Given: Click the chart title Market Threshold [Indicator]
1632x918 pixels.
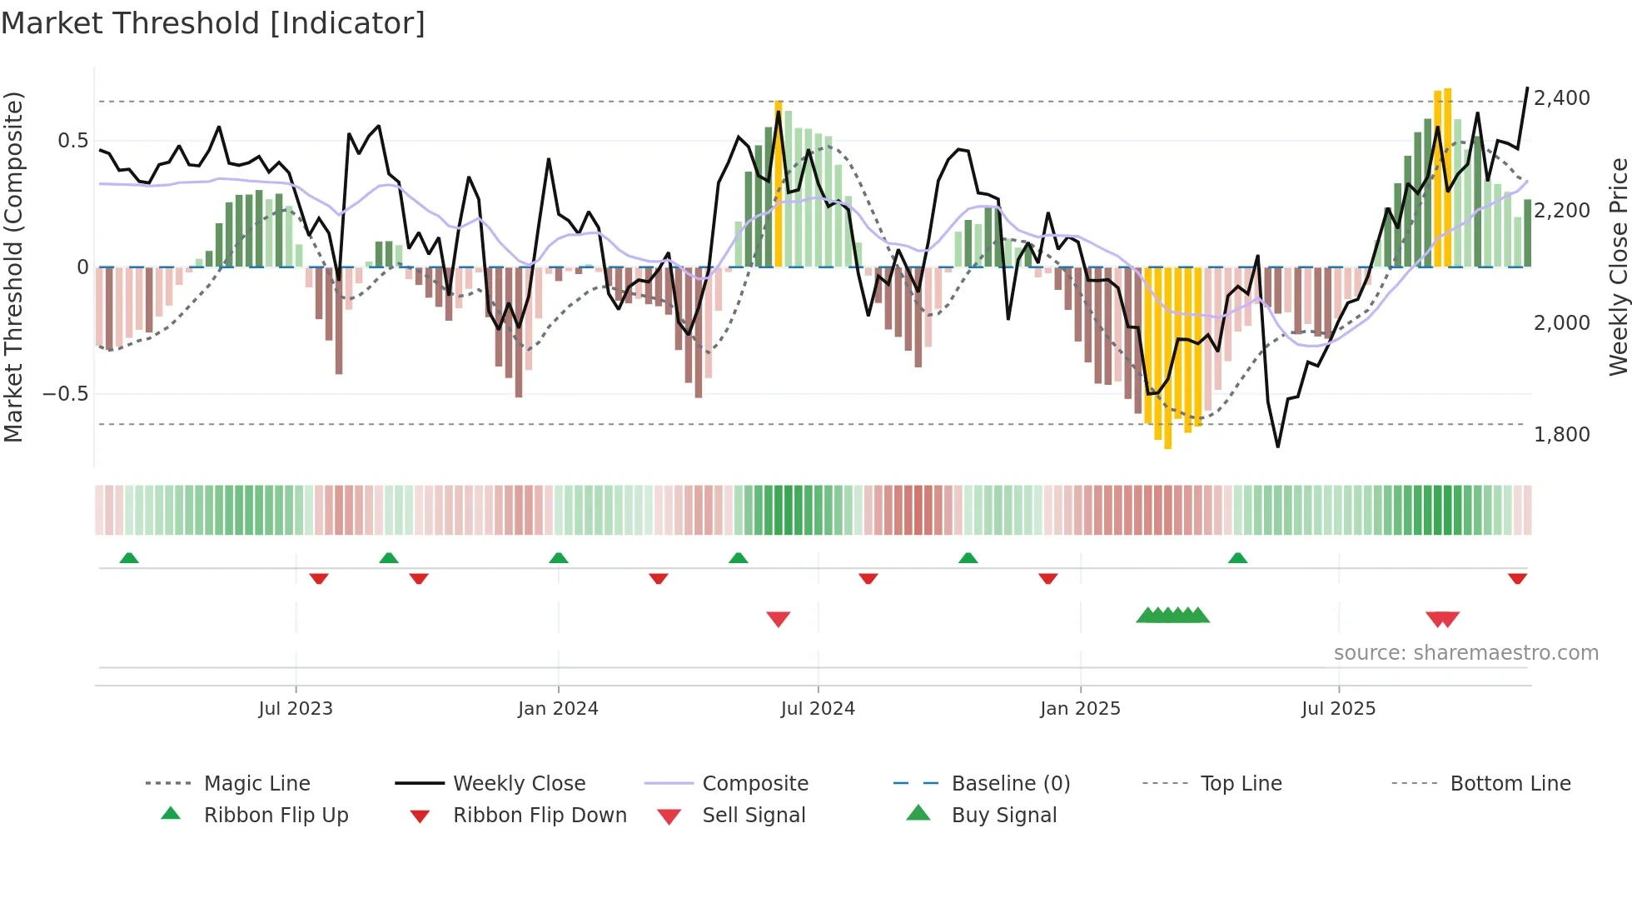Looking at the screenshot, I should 213,23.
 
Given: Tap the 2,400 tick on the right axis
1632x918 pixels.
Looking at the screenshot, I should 1561,98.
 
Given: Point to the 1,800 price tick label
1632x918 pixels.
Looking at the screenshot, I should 1561,435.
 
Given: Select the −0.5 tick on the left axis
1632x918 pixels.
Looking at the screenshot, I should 66,394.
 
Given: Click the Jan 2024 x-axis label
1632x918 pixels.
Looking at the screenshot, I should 558,709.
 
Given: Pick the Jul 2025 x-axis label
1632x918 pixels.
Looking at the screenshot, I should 1338,709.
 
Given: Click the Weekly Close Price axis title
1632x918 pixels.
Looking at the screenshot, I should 1618,267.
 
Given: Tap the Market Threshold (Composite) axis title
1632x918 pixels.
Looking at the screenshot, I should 13,267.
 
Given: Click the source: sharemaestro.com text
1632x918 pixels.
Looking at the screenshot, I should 1465,653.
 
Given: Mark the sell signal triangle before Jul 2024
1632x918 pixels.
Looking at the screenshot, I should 779,619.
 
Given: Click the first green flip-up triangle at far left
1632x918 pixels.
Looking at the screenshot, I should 129,558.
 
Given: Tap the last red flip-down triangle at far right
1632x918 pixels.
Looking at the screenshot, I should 1517,578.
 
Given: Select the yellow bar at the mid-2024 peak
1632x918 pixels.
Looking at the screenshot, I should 779,183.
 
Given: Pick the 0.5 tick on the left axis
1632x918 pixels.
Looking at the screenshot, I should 72,141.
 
